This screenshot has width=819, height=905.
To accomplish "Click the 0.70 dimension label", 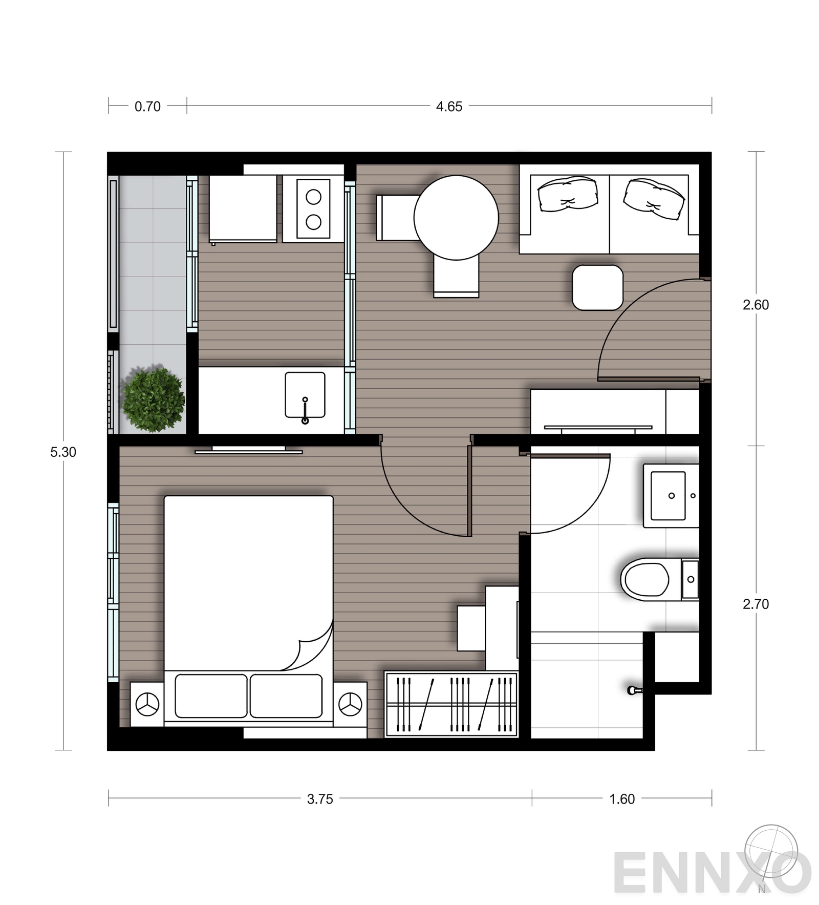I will [147, 107].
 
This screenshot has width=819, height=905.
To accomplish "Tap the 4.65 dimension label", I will [449, 107].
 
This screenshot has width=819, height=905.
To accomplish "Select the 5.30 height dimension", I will [63, 452].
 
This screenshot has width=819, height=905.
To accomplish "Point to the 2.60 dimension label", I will [756, 305].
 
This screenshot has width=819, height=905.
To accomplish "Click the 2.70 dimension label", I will [756, 604].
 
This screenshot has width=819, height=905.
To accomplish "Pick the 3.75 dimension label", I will [320, 799].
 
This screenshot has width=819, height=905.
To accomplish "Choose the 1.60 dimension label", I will [621, 799].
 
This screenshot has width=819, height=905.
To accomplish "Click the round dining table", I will [456, 218].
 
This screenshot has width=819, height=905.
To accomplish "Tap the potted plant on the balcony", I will [153, 399].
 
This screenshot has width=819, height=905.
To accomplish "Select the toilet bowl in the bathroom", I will [646, 579].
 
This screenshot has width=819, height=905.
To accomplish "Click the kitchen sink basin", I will [305, 394].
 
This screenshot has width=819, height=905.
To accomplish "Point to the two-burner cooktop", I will [313, 209].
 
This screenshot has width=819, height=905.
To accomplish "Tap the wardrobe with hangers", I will [451, 704].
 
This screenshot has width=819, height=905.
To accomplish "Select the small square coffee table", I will [597, 287].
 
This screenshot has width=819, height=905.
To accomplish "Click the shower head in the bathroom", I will [634, 690].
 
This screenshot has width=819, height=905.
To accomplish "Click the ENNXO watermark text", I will [706, 873].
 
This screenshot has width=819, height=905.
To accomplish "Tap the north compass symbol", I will [771, 852].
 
